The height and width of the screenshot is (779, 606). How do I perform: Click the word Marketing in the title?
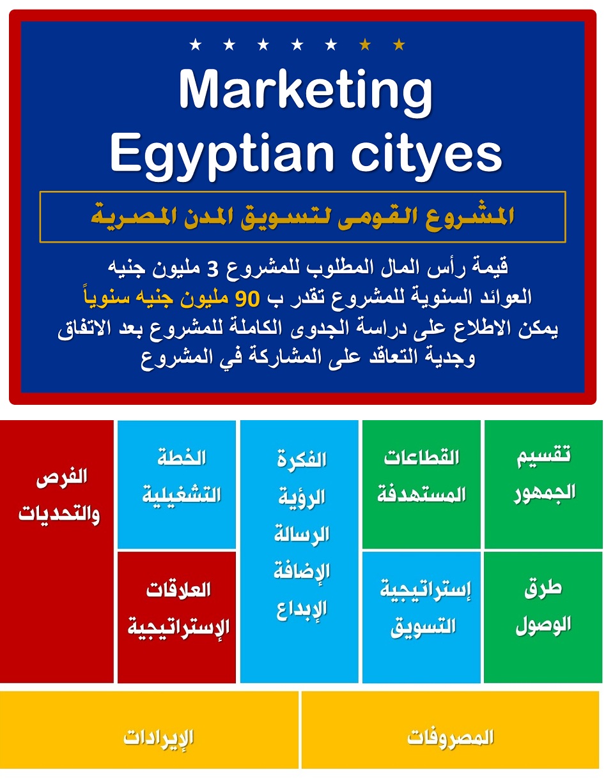pos(306,91)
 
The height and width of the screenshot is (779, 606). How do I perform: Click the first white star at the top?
pos(196,45)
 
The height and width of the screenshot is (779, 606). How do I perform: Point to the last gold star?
pos(399,45)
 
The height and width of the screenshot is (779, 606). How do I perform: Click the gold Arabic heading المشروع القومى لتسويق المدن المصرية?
pos(302,216)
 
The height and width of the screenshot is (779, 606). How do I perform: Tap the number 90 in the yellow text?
pos(246,297)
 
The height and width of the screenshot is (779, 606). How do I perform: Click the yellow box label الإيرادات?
pos(159,737)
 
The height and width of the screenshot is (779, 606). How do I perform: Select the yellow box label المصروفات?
pos(450,737)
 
